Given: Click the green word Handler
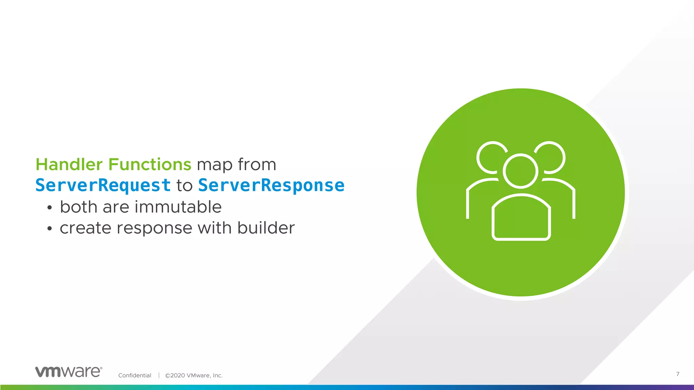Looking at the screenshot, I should (x=69, y=165).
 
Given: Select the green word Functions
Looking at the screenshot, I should (x=150, y=165).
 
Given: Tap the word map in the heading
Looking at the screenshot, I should (x=215, y=165).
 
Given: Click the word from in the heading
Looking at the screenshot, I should (x=257, y=165).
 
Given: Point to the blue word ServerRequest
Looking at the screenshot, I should (x=103, y=186).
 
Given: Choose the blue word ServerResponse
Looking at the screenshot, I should (x=271, y=186).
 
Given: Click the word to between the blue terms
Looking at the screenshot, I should (x=184, y=186).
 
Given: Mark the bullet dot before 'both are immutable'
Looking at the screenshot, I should (x=50, y=208).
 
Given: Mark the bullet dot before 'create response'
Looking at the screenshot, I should (x=50, y=229).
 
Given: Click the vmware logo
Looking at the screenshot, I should (x=68, y=372).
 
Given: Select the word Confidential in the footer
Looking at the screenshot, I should (x=135, y=375).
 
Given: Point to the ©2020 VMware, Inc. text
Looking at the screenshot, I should (x=193, y=375).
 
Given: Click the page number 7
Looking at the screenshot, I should (x=678, y=374).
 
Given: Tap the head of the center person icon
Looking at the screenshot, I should (x=520, y=171).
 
